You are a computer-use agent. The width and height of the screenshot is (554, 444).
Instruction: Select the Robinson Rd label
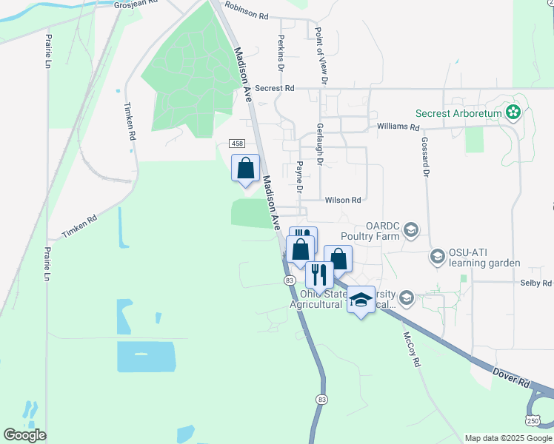[246, 13]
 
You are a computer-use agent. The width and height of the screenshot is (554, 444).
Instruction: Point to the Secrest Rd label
[274, 88]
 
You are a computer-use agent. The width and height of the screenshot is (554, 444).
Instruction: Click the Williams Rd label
[398, 127]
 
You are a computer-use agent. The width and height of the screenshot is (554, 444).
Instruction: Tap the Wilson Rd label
[342, 200]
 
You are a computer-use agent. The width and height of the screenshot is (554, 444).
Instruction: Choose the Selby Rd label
[536, 283]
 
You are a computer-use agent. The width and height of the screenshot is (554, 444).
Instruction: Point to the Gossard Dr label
[426, 156]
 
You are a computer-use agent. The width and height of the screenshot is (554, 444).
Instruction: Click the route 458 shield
[236, 143]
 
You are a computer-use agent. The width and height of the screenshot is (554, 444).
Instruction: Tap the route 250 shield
[533, 420]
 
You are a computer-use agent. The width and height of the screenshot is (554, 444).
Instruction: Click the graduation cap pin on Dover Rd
[361, 300]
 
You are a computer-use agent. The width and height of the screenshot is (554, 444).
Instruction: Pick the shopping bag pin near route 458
[246, 168]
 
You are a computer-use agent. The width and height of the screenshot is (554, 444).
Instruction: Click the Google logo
[24, 435]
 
